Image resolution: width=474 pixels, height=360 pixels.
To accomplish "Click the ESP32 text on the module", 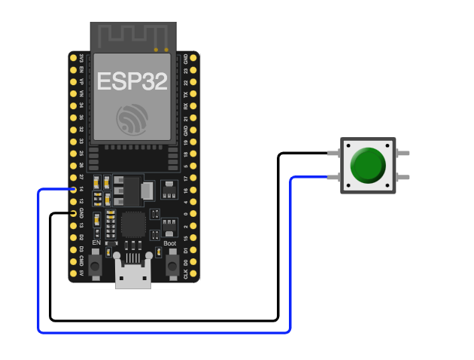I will click(132, 81).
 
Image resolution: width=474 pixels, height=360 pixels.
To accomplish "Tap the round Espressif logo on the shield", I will click(132, 119).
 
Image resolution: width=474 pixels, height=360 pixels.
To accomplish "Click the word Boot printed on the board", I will click(169, 243).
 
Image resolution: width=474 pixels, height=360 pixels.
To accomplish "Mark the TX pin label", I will click(186, 94).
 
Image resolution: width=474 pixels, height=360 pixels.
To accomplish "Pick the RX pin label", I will click(186, 106).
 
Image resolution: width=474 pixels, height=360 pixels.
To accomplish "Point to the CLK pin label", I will click(186, 275).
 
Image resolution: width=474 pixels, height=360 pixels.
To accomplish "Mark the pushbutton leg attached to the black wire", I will click(333, 153).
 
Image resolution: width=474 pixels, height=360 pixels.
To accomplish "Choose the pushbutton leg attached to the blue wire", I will click(333, 177).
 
